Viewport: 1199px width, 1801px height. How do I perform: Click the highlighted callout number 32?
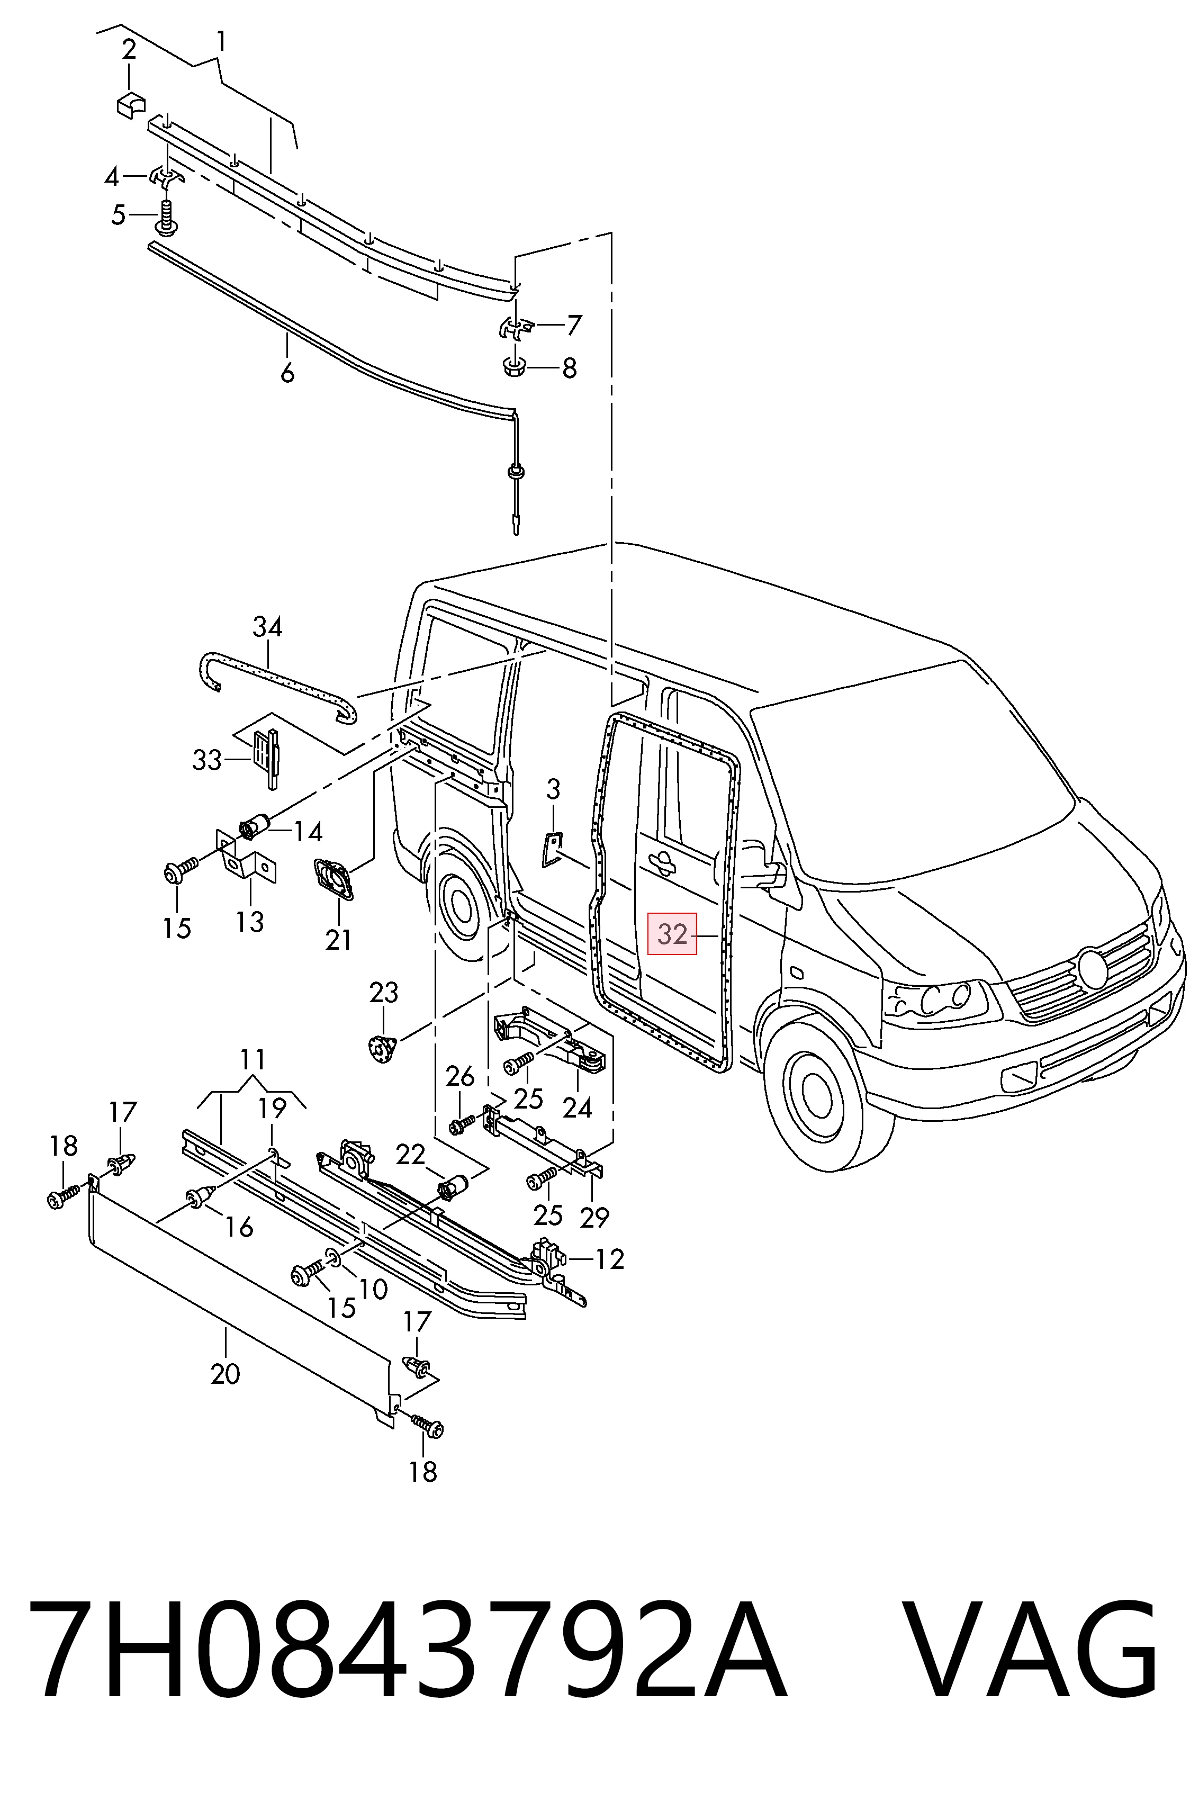[673, 934]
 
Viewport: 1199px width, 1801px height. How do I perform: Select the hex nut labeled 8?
[515, 366]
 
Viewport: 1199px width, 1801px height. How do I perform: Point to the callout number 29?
[594, 1217]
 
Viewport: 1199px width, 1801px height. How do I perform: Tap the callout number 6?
[287, 373]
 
